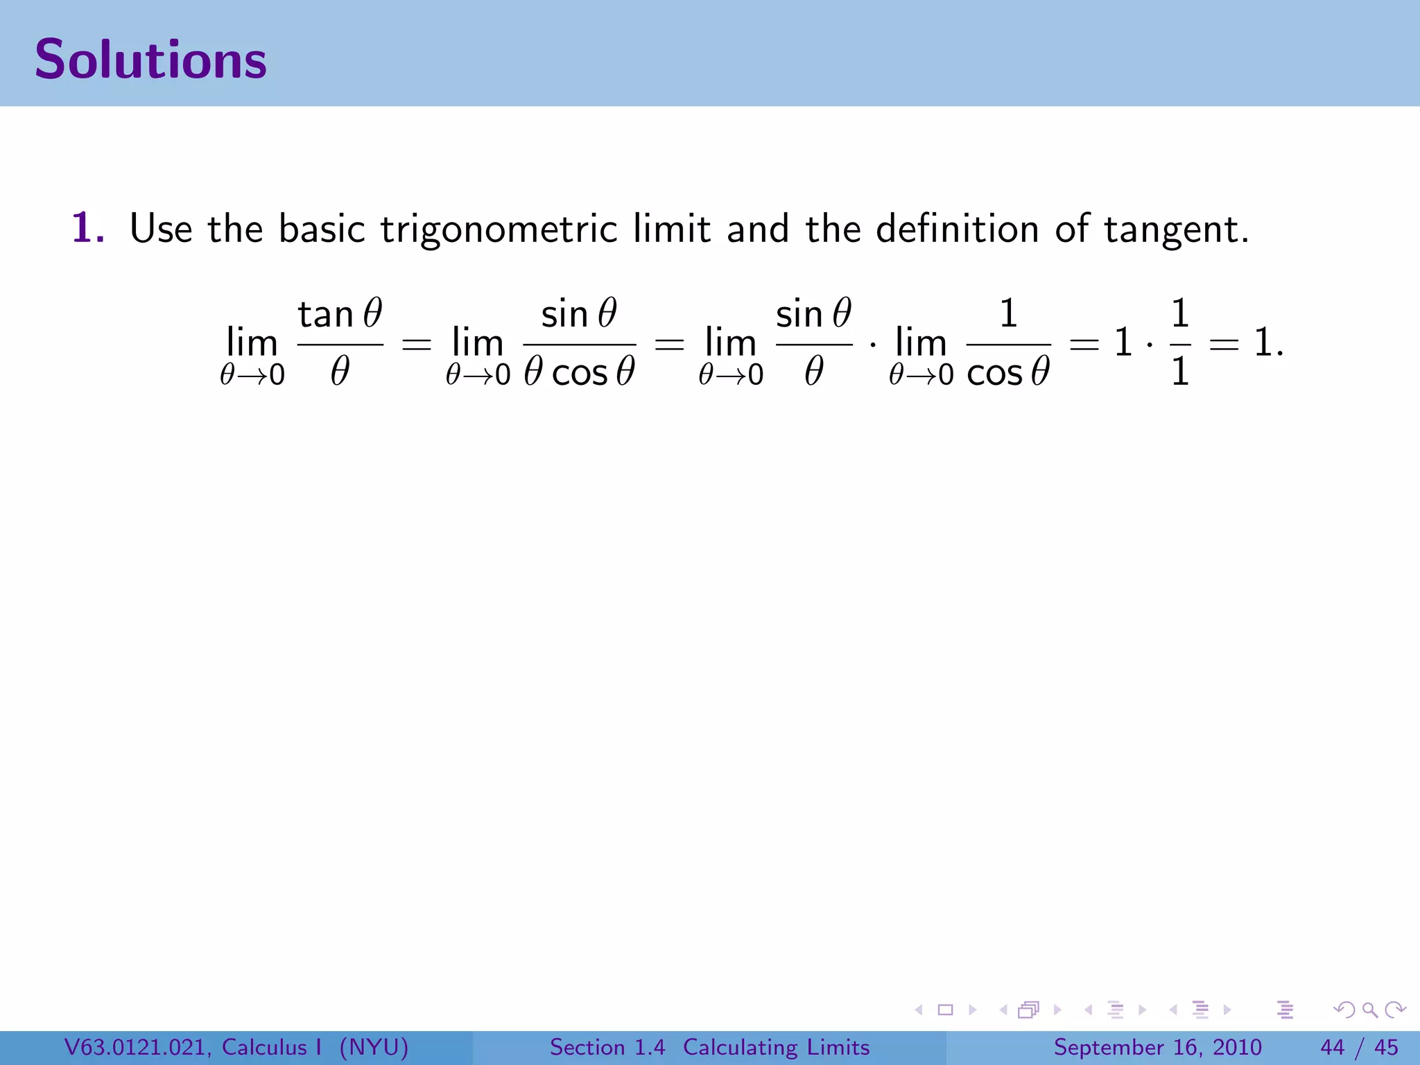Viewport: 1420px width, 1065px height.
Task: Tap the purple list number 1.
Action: pyautogui.click(x=88, y=228)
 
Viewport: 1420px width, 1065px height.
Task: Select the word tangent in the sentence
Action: pyautogui.click(x=1176, y=230)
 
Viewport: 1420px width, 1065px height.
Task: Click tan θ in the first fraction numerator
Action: pyautogui.click(x=340, y=314)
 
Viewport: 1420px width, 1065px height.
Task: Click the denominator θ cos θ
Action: pyautogui.click(x=580, y=372)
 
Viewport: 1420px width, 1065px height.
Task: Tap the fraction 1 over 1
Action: pyautogui.click(x=1180, y=343)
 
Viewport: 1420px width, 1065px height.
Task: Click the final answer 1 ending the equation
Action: pyautogui.click(x=1263, y=343)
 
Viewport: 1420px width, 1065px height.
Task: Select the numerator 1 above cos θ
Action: pyautogui.click(x=1008, y=313)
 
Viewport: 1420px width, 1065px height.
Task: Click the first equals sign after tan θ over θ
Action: pyautogui.click(x=417, y=344)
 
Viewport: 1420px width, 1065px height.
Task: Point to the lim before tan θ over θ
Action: pyautogui.click(x=252, y=343)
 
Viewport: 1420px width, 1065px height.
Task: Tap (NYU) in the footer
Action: pyautogui.click(x=374, y=1047)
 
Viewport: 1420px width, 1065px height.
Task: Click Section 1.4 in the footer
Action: pyautogui.click(x=607, y=1047)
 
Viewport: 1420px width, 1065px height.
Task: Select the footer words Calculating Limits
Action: pyautogui.click(x=776, y=1047)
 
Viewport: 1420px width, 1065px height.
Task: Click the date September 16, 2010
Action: pyautogui.click(x=1157, y=1047)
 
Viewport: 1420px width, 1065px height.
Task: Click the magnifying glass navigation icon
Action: pyautogui.click(x=1369, y=1010)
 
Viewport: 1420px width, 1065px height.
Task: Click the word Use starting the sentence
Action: pyautogui.click(x=161, y=228)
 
